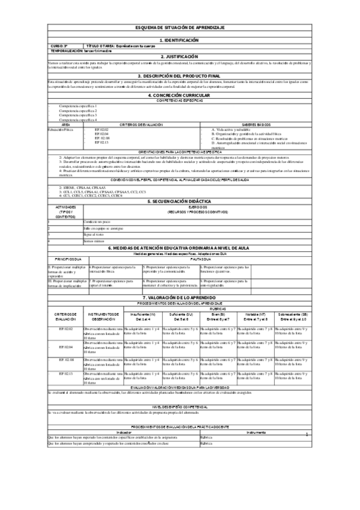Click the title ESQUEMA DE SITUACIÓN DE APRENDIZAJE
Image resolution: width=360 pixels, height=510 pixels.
pos(180,28)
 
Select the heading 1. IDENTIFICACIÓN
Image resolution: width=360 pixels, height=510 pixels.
pos(180,40)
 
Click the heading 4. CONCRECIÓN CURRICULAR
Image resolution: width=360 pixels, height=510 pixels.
pos(180,96)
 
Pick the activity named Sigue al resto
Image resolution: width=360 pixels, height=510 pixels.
pos(94,235)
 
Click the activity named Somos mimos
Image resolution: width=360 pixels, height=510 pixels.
pos(94,241)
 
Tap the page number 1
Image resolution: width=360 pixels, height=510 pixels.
pos(307,451)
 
